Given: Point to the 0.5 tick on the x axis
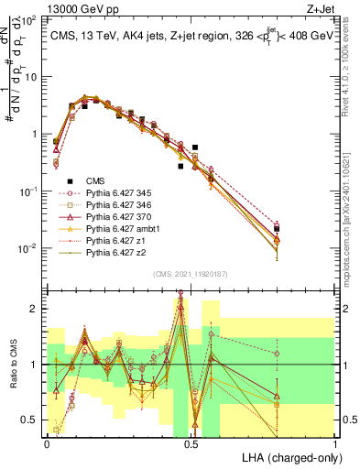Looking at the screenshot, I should (191, 442).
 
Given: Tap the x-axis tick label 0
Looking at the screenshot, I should (47, 442).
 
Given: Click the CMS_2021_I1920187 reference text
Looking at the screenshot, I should (191, 273).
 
